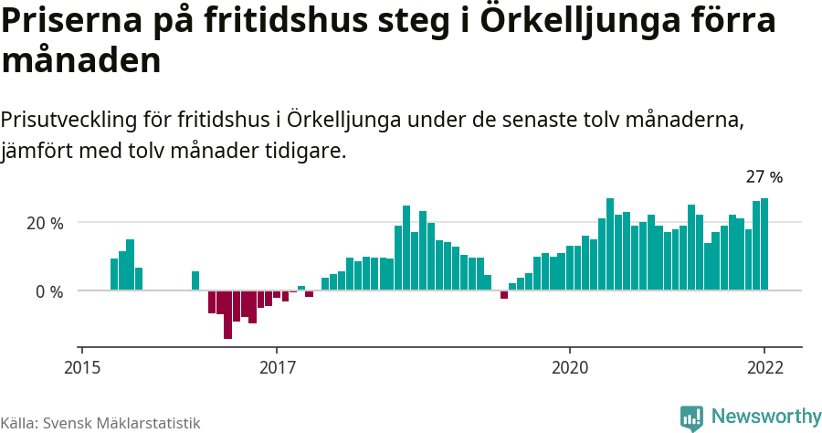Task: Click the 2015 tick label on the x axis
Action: [x=81, y=367]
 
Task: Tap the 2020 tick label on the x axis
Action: [x=570, y=367]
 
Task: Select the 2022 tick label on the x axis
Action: [x=764, y=367]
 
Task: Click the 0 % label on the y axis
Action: [x=49, y=291]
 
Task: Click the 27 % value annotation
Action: [x=764, y=177]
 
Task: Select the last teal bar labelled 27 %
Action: [x=764, y=245]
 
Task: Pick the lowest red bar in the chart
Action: [x=227, y=314]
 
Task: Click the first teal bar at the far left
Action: [x=114, y=274]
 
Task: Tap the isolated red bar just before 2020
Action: [x=504, y=294]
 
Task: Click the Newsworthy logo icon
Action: [x=691, y=417]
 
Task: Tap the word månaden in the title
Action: [x=81, y=61]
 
